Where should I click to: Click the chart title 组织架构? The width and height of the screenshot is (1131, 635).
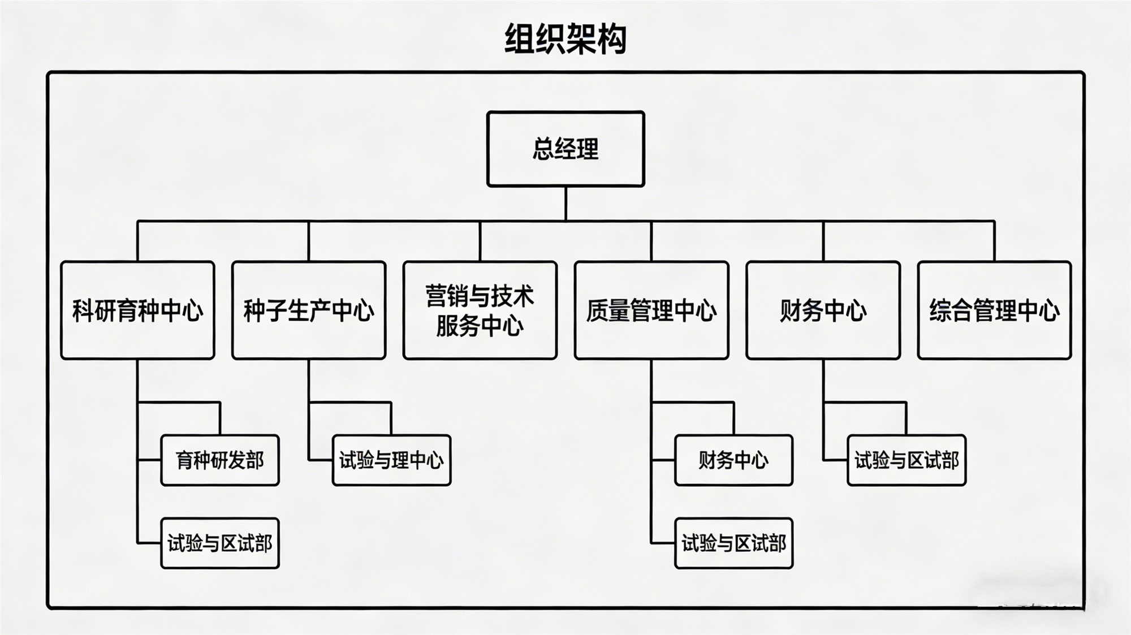[x=565, y=38]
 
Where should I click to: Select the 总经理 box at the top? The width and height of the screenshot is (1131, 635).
[x=565, y=149]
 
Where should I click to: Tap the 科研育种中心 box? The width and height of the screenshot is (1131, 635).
[x=137, y=310]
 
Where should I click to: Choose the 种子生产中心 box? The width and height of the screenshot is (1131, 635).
[x=309, y=310]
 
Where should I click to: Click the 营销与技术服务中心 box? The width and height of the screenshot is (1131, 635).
[x=480, y=310]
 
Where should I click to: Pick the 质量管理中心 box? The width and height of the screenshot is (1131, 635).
[x=651, y=310]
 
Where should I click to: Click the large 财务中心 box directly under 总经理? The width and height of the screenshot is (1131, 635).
[x=823, y=310]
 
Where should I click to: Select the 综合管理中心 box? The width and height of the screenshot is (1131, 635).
[x=994, y=310]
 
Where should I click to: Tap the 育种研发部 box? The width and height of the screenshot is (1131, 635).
[x=220, y=460]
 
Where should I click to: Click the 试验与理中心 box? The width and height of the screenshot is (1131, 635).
[x=391, y=460]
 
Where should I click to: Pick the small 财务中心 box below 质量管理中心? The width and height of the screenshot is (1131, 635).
[x=733, y=460]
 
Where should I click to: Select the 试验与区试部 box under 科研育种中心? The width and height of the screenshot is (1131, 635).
[x=220, y=543]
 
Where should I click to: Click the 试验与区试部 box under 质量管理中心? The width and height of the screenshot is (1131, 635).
[x=733, y=543]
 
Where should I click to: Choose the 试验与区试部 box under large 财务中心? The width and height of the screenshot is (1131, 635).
[x=906, y=460]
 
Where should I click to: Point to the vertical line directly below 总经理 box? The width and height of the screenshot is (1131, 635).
[x=565, y=203]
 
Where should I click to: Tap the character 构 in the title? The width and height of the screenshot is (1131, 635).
[x=612, y=38]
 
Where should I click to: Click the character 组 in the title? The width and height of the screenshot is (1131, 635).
[x=520, y=38]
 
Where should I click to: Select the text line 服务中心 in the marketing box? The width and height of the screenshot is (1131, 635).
[x=480, y=326]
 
